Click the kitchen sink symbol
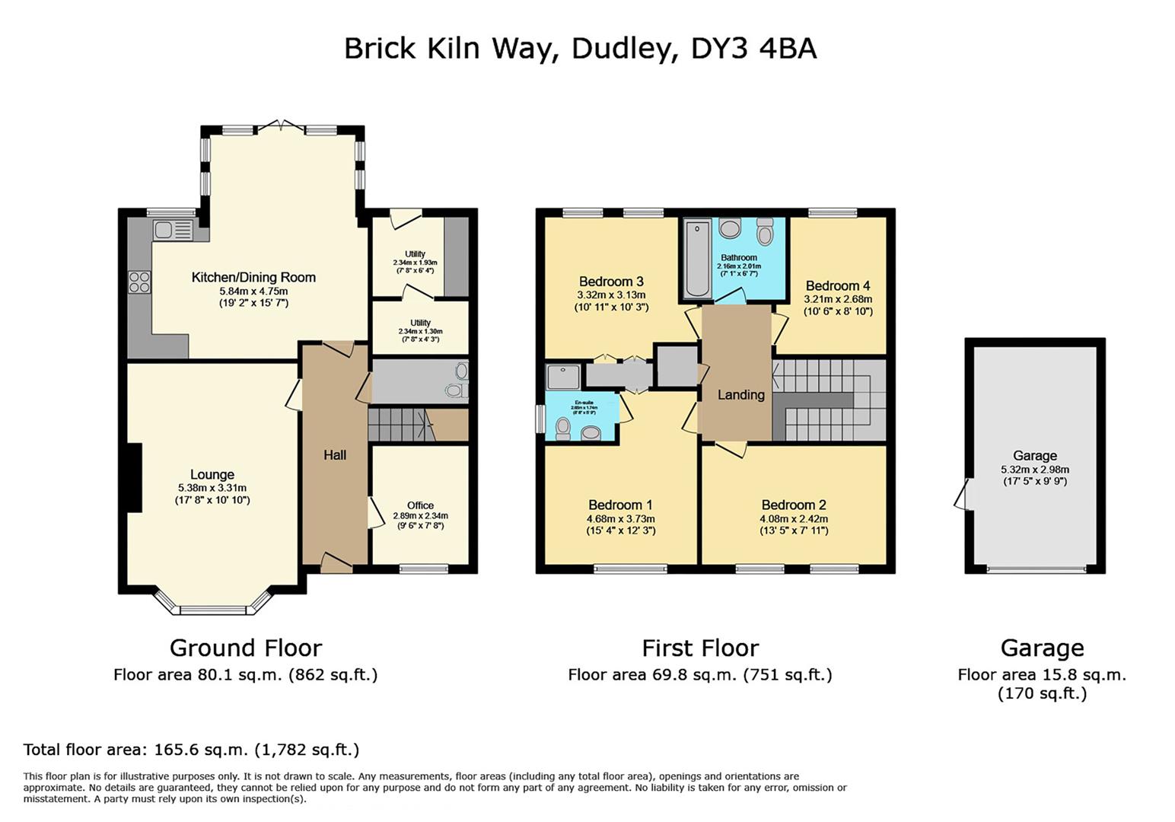[x=172, y=230]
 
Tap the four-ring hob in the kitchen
[x=139, y=282]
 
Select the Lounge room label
[x=212, y=474]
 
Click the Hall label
[x=335, y=455]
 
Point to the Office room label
[x=420, y=505]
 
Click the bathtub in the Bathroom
[x=696, y=259]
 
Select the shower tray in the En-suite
[x=563, y=377]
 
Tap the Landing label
[x=740, y=394]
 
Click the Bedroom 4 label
[x=838, y=286]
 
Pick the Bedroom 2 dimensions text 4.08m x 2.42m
[x=794, y=519]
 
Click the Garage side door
[x=963, y=494]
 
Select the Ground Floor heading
[x=245, y=648]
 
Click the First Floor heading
[x=700, y=648]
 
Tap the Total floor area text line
[x=191, y=750]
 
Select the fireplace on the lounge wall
[x=134, y=477]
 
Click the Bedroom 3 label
[x=611, y=282]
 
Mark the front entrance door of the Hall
[x=336, y=564]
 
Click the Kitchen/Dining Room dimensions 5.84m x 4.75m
[x=253, y=291]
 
